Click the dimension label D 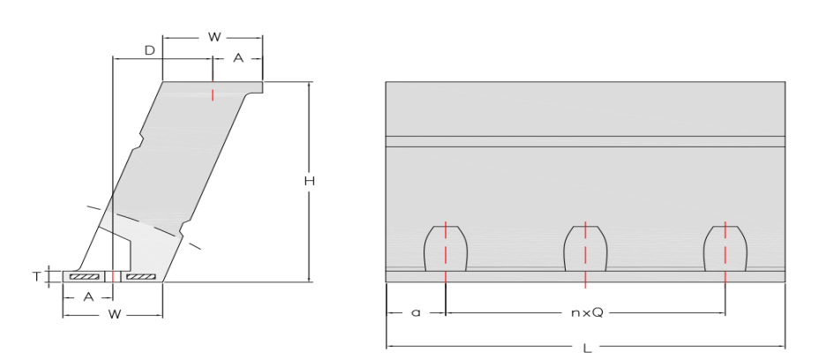tap(150, 51)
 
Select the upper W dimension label tap(214, 37)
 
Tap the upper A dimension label tap(237, 57)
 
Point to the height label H tap(309, 181)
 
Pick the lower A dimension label tap(87, 297)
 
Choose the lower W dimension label tap(113, 314)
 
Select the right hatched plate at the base tap(140, 277)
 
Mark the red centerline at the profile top tap(213, 94)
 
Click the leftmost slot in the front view tap(446, 249)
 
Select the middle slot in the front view tap(585, 249)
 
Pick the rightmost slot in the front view tap(725, 249)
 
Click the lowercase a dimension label tap(416, 313)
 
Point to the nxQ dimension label tap(585, 313)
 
